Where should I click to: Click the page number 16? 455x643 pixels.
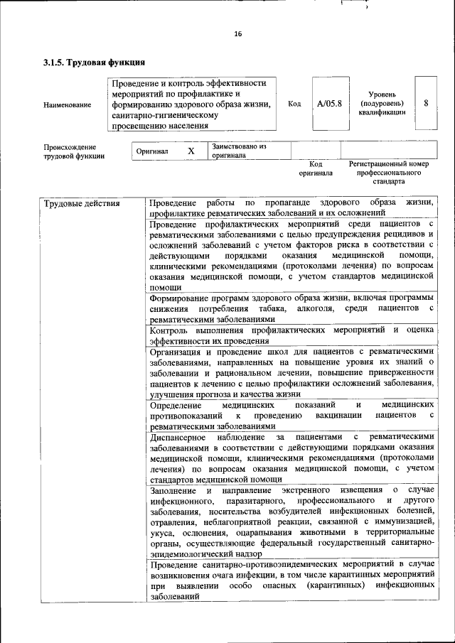[238, 33]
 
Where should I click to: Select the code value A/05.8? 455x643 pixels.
[329, 104]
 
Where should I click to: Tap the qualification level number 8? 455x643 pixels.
[426, 103]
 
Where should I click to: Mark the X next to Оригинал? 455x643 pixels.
[191, 151]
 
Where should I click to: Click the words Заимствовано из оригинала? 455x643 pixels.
[238, 151]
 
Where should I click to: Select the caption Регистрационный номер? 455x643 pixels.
[389, 163]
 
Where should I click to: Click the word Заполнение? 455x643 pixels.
[174, 491]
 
